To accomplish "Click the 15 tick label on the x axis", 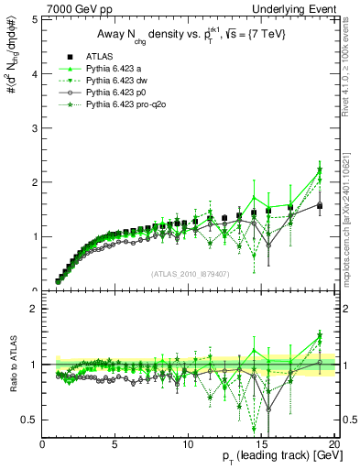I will point(260,444).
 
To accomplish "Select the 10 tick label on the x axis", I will point(188,444).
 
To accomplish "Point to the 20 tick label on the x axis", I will point(333,444).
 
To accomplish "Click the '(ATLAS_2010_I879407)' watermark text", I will point(189,274).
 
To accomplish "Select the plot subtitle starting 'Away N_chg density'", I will point(189,35).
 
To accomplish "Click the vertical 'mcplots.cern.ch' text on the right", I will point(353,234).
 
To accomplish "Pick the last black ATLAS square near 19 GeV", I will point(320,206).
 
